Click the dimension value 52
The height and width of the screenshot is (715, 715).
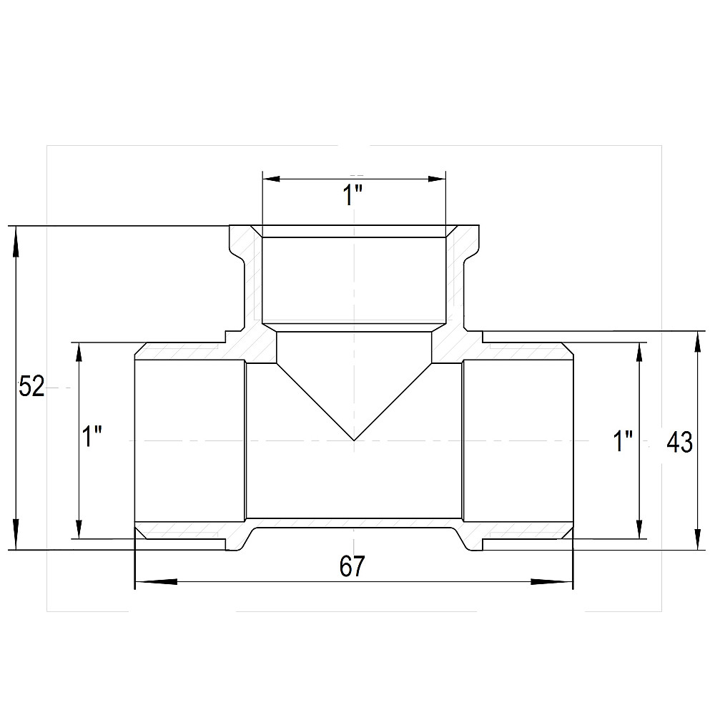(31, 387)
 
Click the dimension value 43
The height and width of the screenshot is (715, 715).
(679, 442)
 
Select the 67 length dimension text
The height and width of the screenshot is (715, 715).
(352, 566)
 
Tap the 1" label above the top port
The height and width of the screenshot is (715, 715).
(352, 195)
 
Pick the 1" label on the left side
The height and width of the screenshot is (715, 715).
(92, 436)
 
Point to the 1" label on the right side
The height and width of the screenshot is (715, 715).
(623, 441)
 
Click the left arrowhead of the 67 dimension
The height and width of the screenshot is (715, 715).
(157, 581)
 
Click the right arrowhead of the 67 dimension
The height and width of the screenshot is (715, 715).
(552, 581)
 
